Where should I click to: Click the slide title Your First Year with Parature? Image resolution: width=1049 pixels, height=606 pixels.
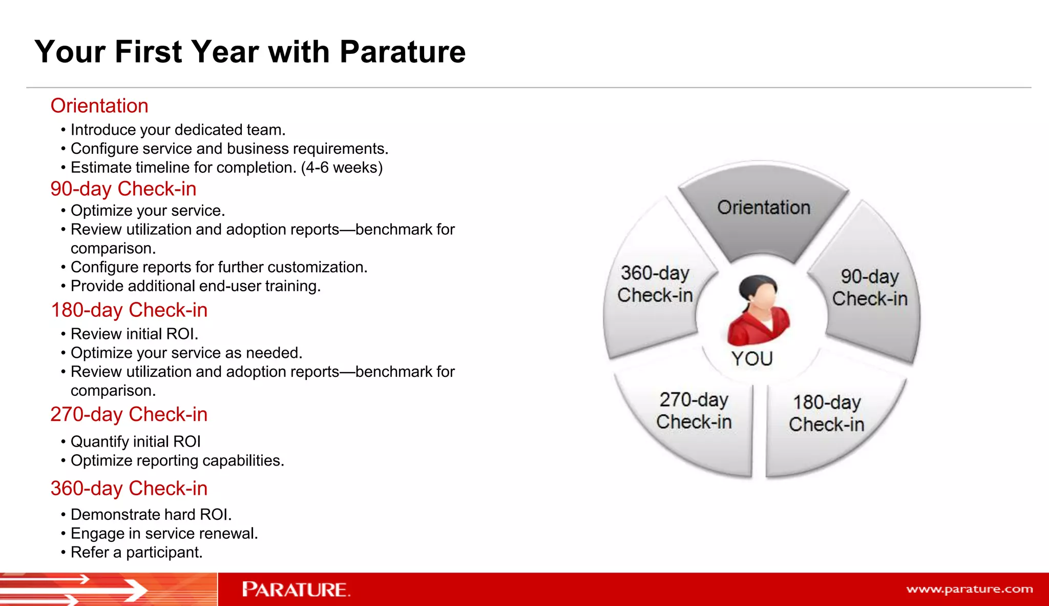tap(250, 52)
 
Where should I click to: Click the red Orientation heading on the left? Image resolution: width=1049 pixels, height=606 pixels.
tap(99, 106)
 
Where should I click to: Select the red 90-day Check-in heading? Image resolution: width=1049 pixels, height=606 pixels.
tap(123, 189)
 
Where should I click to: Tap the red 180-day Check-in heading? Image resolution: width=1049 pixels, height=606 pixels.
tap(129, 310)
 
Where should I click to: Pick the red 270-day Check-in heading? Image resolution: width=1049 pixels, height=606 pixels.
tap(129, 414)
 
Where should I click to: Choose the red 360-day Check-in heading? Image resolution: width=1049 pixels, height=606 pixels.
tap(129, 489)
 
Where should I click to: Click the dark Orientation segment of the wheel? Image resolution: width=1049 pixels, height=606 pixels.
tap(763, 210)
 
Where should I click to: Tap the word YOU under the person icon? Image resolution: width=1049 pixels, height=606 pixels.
tap(751, 358)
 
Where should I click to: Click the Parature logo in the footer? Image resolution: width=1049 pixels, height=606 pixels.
tap(296, 590)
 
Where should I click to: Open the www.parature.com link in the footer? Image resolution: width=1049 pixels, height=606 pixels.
tap(969, 589)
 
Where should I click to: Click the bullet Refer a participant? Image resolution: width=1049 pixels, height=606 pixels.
tap(136, 553)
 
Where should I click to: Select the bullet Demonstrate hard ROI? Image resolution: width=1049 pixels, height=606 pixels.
tap(151, 515)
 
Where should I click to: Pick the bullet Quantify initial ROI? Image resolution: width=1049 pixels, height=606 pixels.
tap(135, 442)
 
